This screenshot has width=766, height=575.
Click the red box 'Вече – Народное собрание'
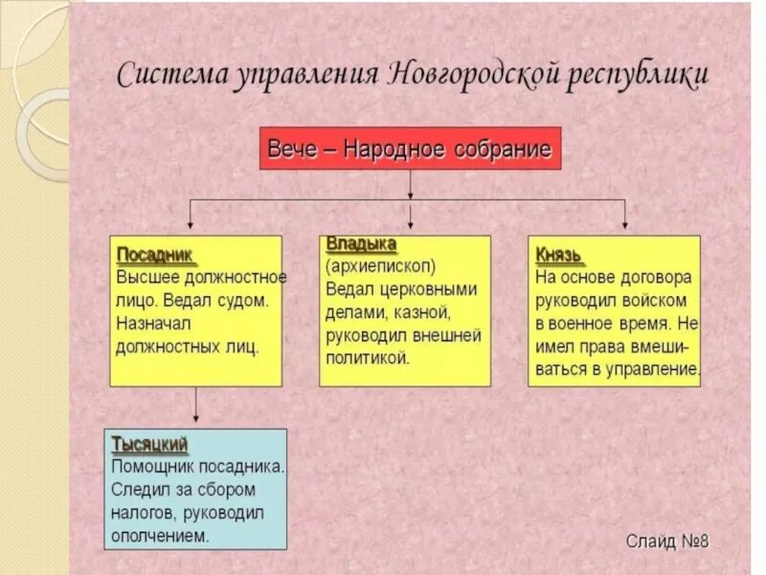(x=410, y=149)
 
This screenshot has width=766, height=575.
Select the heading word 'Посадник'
(x=155, y=255)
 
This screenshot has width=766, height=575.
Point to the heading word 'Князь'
(x=560, y=255)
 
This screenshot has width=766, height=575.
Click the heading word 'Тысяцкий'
(x=150, y=445)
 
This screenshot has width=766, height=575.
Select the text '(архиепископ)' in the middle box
(x=380, y=265)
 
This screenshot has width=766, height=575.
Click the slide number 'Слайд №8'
(x=667, y=541)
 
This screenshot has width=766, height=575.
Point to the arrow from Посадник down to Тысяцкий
(x=195, y=406)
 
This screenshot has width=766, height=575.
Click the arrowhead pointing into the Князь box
(x=624, y=224)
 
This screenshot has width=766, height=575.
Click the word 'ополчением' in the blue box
(x=160, y=535)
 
